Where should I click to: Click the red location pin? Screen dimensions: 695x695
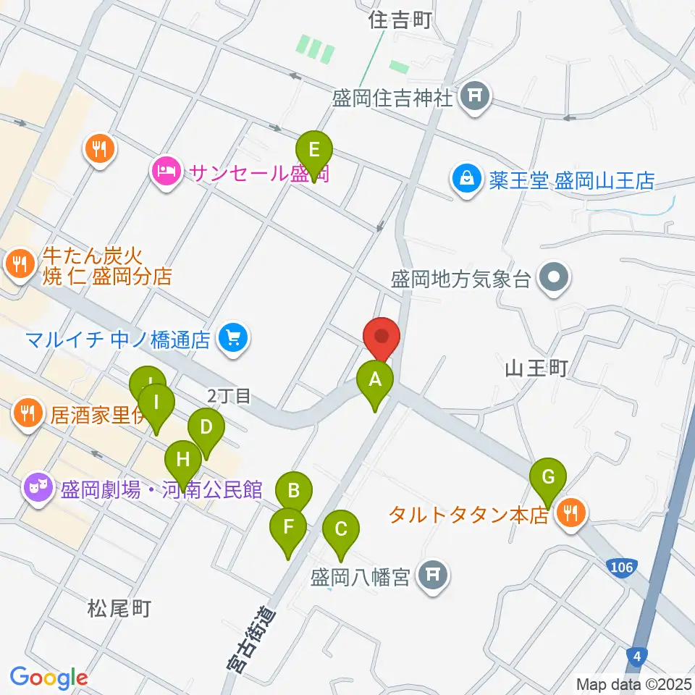382,338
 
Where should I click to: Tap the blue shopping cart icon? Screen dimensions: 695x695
232,337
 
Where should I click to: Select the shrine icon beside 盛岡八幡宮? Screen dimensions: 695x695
434,577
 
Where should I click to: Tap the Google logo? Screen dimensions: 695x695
49,678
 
